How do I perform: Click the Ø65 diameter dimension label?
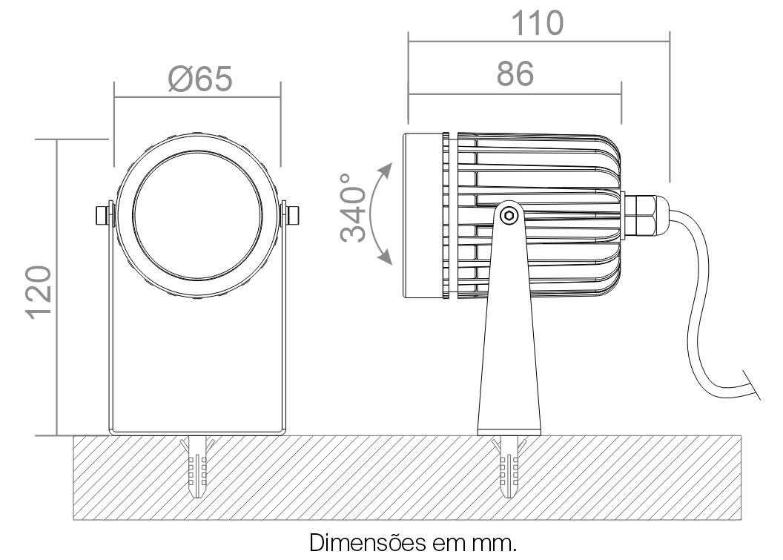(x=200, y=79)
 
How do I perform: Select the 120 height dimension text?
(x=39, y=292)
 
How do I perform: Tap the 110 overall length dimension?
(x=538, y=23)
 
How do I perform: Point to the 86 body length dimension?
(x=515, y=74)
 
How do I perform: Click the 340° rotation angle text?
(x=353, y=208)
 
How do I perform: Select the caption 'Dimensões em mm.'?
(x=413, y=542)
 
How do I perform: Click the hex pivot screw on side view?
(x=509, y=216)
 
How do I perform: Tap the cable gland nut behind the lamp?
(x=644, y=215)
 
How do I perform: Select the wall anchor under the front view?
(x=198, y=467)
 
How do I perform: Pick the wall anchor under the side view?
(x=509, y=467)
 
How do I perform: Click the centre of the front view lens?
(x=198, y=215)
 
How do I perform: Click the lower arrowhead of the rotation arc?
(x=385, y=257)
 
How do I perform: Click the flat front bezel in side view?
(x=423, y=216)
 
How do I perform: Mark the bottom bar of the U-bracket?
(x=198, y=432)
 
